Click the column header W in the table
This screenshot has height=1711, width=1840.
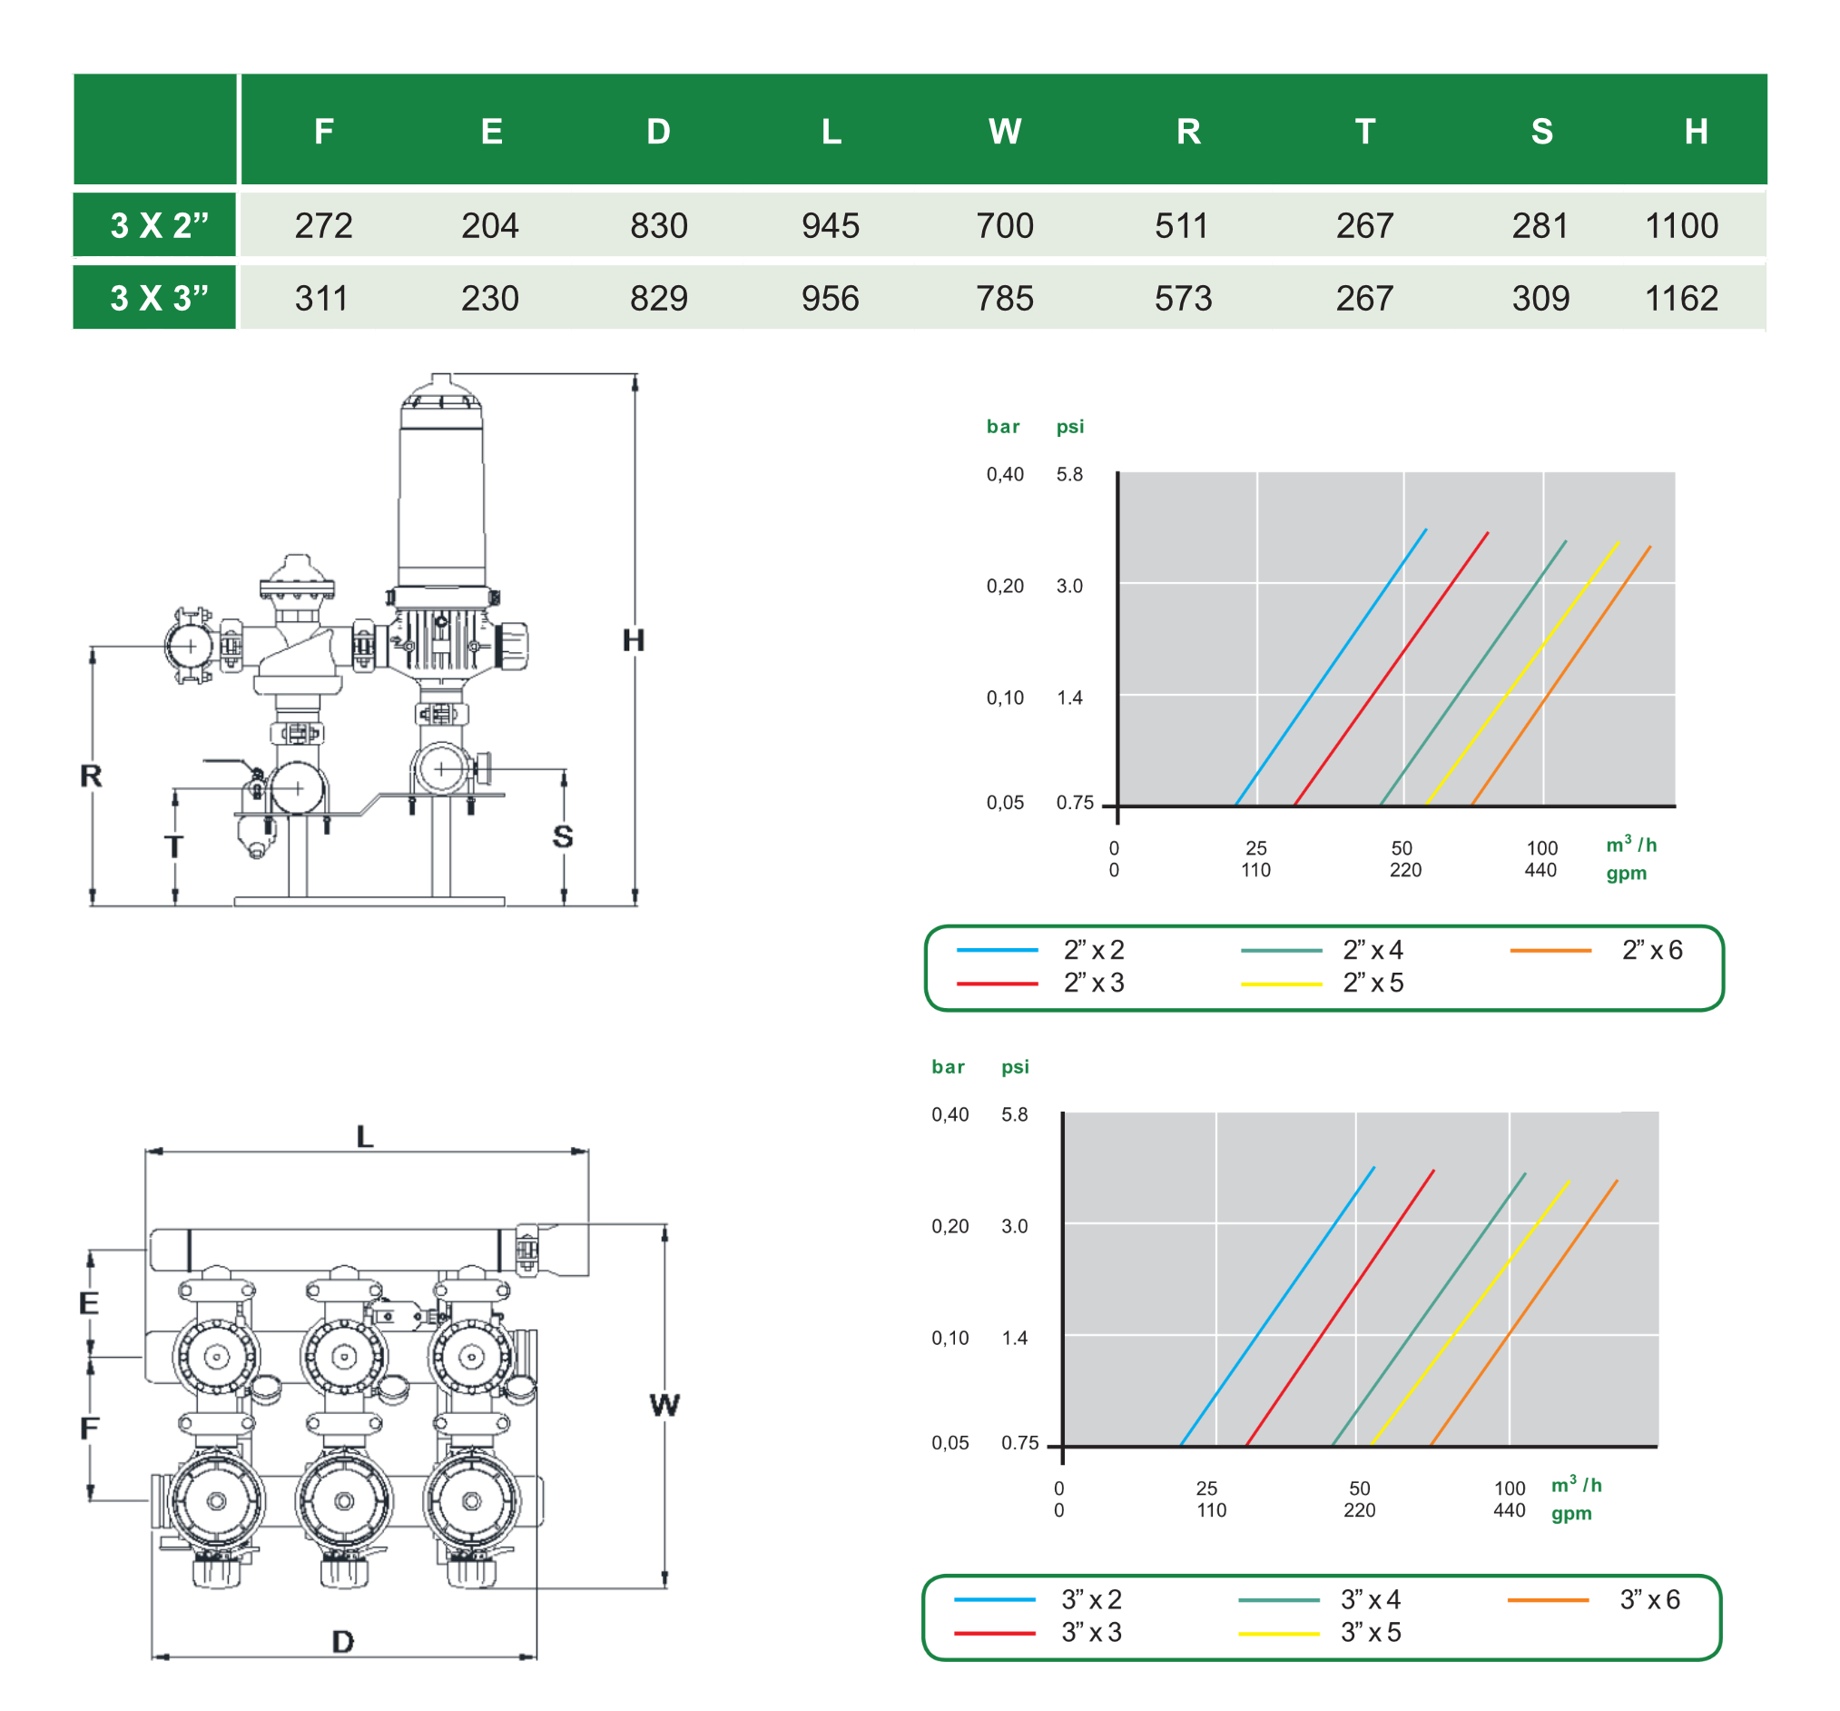click(1004, 132)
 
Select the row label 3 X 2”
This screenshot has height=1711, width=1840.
click(159, 225)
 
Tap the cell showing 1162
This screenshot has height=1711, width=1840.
click(1681, 298)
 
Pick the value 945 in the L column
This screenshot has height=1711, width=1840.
click(831, 225)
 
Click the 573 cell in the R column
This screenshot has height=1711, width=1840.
click(1182, 298)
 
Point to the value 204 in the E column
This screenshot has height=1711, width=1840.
click(489, 225)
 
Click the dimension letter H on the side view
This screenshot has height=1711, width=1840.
click(633, 640)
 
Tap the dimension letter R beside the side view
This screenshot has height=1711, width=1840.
click(91, 776)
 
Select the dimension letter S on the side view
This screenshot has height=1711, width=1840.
click(562, 837)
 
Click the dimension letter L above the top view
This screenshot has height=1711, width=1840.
click(365, 1137)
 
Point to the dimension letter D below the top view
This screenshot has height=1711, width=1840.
click(342, 1643)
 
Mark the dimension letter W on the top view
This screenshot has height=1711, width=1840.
click(664, 1406)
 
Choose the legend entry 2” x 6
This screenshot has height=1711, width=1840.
click(1651, 950)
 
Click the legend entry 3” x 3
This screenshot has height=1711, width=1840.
click(1091, 1632)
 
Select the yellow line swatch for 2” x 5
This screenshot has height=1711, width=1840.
click(1281, 984)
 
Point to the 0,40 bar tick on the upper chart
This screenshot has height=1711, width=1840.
click(1004, 474)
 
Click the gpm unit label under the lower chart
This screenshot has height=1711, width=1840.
click(1570, 1514)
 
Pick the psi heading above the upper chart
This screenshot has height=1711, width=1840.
click(1069, 427)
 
